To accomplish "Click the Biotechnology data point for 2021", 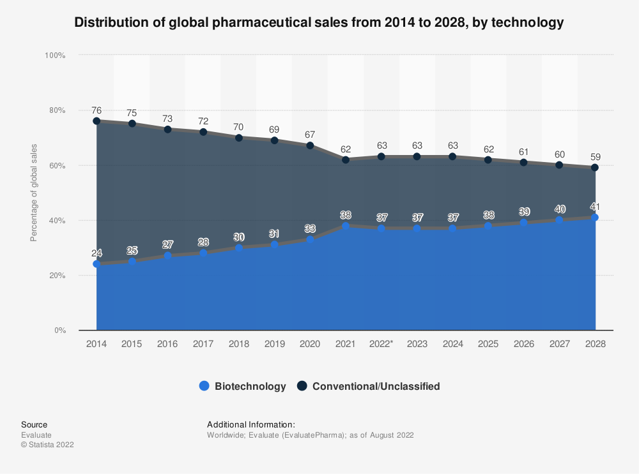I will [x=346, y=226].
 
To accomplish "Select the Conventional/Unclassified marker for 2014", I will [x=96, y=121].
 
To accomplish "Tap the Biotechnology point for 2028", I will [x=595, y=218].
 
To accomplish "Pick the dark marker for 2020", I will [x=310, y=145].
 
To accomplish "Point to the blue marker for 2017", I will [x=203, y=253].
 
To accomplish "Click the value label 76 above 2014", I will [x=96, y=110].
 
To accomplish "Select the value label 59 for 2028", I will [x=595, y=157].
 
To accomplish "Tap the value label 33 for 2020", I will [x=310, y=228].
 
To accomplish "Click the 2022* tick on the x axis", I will [x=381, y=344].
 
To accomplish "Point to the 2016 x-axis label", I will [x=167, y=344].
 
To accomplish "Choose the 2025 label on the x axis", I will [x=488, y=344].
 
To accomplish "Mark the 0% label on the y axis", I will [x=59, y=330].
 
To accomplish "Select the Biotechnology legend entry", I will [x=242, y=386].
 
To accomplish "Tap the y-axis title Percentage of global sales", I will [x=34, y=193].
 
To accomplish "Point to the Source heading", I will [x=34, y=424].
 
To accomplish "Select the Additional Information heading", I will [x=251, y=424].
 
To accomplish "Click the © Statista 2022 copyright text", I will [x=47, y=445].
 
